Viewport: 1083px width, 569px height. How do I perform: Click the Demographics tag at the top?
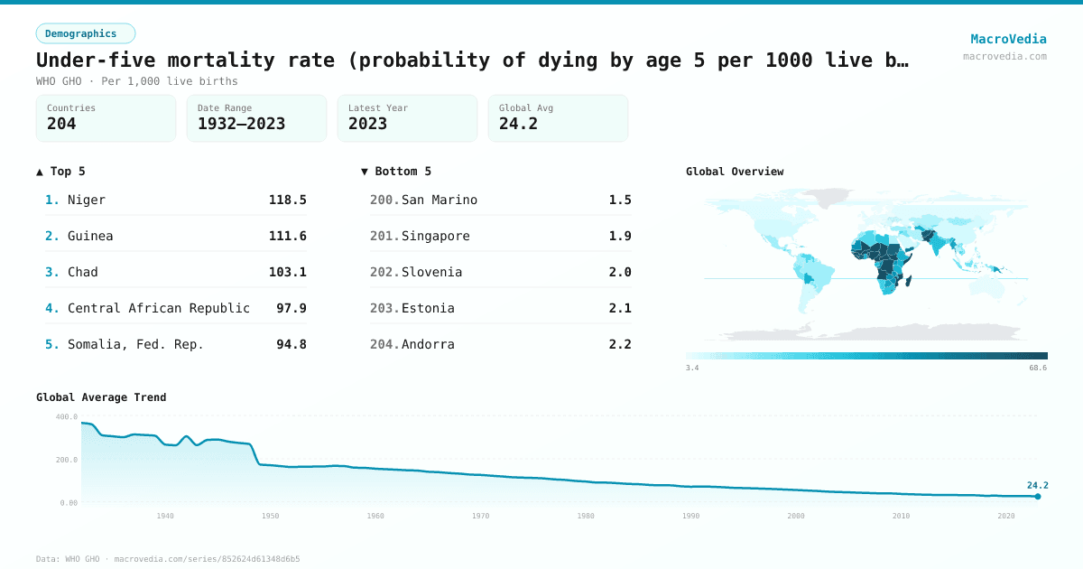(x=85, y=33)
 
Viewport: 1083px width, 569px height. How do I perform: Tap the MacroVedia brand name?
(x=1008, y=39)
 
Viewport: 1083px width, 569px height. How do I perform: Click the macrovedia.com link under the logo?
(x=1004, y=56)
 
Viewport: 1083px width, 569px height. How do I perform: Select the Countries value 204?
(x=61, y=124)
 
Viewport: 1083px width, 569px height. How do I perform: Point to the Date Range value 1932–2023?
(x=241, y=124)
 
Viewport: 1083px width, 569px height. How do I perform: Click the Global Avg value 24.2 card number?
(x=518, y=124)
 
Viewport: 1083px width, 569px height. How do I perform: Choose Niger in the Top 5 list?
(x=87, y=200)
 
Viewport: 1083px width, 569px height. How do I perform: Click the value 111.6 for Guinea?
(x=287, y=236)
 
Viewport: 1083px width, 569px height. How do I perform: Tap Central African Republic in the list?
(x=159, y=308)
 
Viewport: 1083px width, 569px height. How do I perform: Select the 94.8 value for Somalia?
(x=291, y=344)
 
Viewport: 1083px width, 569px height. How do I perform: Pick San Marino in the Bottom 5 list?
(x=440, y=200)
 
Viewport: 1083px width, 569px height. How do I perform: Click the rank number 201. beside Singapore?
(x=384, y=236)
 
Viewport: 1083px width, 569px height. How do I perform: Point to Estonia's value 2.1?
(x=620, y=308)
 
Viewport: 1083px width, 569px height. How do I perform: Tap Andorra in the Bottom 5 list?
(x=428, y=344)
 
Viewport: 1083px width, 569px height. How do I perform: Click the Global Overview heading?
(x=735, y=172)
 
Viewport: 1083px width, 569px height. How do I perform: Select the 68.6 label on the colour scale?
(x=1037, y=368)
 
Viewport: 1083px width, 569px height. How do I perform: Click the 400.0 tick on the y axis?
(x=67, y=417)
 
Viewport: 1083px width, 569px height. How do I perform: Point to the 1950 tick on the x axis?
(x=270, y=516)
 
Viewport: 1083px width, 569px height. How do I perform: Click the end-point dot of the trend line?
(x=1038, y=496)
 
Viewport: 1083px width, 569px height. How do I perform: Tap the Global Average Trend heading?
(x=101, y=397)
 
